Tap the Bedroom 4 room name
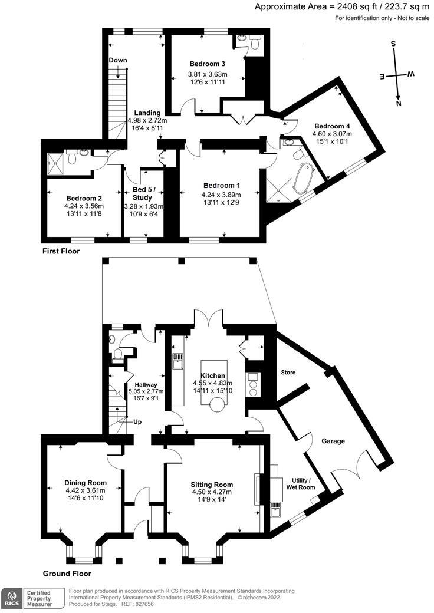coord(332,126)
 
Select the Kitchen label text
coord(213,375)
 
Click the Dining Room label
coord(86,482)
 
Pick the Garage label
coord(333,441)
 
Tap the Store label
coord(288,373)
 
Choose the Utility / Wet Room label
coord(303,483)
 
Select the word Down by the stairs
coord(119,61)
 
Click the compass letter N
coord(399,104)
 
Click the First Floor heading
coord(61,251)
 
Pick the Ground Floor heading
coord(67,573)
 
